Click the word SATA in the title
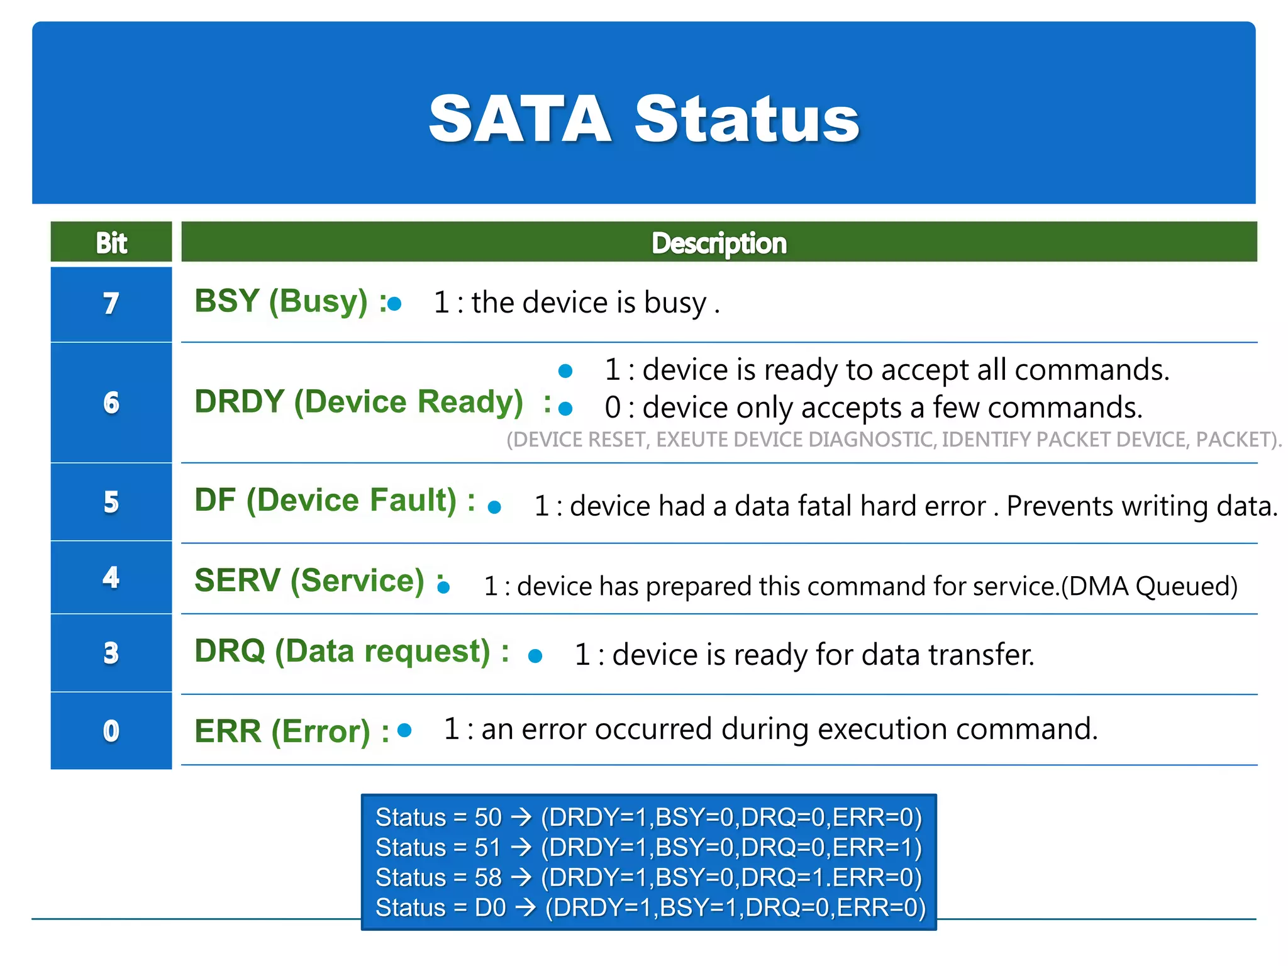[519, 118]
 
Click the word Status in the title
[747, 118]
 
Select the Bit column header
[111, 243]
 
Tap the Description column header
[718, 243]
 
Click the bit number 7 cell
[111, 304]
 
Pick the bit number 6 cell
[111, 402]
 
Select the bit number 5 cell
[111, 502]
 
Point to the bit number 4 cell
[111, 577]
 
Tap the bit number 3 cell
[111, 653]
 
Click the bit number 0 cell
[111, 731]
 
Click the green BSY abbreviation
[226, 301]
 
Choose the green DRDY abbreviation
[239, 402]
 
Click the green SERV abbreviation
[237, 580]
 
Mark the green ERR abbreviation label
[228, 731]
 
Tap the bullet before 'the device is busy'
[395, 304]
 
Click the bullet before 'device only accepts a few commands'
[565, 409]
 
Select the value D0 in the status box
[491, 908]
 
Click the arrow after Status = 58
[521, 877]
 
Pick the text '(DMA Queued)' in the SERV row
[1149, 586]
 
